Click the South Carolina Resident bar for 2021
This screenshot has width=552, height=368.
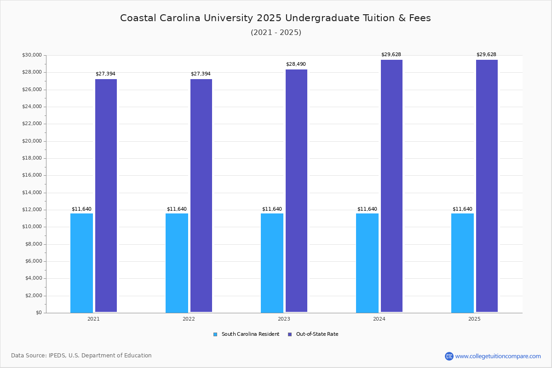click(x=81, y=263)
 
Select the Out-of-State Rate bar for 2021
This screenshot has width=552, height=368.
click(x=106, y=195)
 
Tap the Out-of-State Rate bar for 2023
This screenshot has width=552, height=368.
click(x=296, y=191)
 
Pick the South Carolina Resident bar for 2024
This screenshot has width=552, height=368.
click(x=367, y=263)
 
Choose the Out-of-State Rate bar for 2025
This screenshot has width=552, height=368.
click(x=487, y=186)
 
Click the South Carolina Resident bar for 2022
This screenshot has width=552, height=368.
click(x=177, y=263)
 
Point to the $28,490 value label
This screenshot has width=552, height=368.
click(x=296, y=64)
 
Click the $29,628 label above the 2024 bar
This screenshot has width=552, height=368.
click(x=391, y=55)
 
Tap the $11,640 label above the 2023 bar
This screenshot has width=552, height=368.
click(x=272, y=209)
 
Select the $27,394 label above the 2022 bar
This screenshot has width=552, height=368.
click(x=201, y=74)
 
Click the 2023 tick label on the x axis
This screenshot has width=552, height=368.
click(x=284, y=319)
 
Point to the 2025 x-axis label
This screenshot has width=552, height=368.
click(x=474, y=319)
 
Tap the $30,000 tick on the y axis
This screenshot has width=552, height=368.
click(x=32, y=55)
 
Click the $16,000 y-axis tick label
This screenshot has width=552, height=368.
click(x=32, y=175)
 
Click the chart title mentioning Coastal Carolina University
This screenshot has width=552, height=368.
click(x=276, y=18)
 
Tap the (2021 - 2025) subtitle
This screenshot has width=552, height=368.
click(x=276, y=33)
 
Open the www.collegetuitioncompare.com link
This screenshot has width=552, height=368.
click(x=498, y=356)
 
